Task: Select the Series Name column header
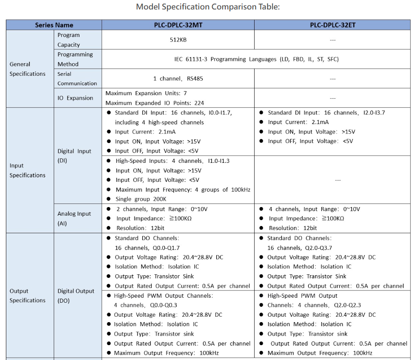point(54,25)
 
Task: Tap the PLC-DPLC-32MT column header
point(178,25)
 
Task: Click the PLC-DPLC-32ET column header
point(332,25)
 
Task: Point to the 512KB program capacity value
point(178,40)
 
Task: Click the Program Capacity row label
point(69,40)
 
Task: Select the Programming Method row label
point(75,59)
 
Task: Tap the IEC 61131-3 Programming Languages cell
point(256,59)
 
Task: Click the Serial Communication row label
point(77,78)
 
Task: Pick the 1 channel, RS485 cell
point(178,78)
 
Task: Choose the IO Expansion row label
point(75,98)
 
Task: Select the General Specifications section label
point(28,69)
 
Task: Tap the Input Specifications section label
point(28,170)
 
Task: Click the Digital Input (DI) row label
point(74,156)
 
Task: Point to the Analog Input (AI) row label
point(74,218)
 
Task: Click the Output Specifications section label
point(28,295)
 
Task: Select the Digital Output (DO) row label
point(75,295)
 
